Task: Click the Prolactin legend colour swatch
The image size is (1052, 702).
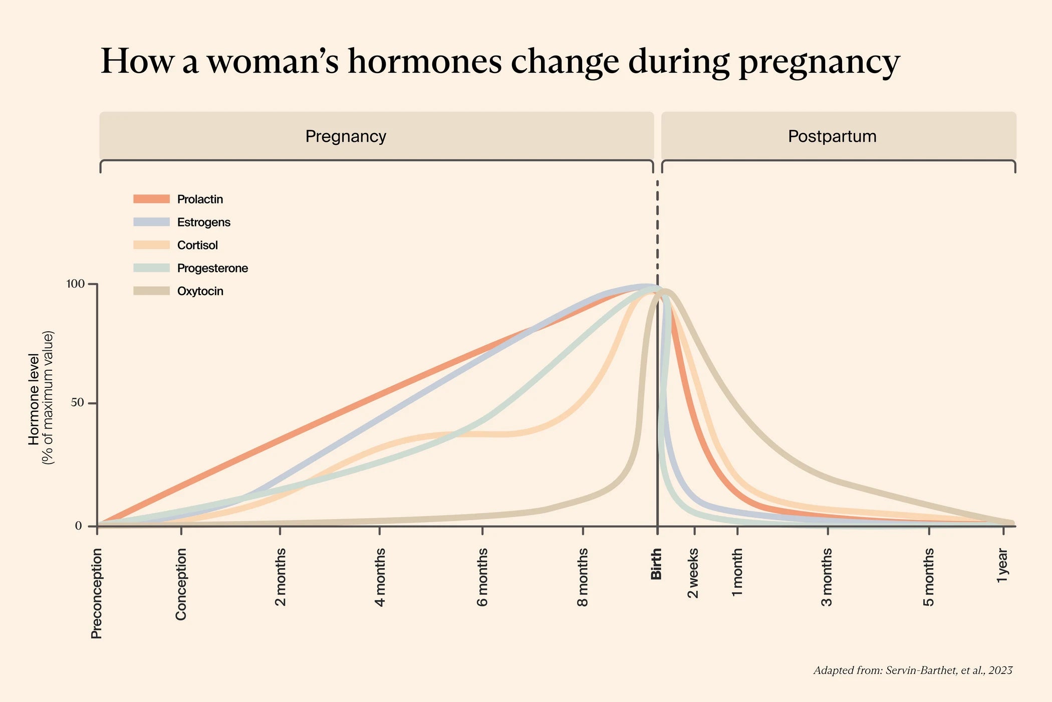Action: coord(151,199)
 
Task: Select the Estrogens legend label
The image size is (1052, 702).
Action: coord(203,222)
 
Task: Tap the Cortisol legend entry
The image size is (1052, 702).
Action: coord(197,245)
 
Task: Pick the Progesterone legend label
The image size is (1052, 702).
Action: coord(212,268)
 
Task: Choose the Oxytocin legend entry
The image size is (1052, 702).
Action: coord(200,291)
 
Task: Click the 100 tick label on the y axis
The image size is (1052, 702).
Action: coord(75,284)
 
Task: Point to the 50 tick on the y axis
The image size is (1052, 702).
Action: coord(78,403)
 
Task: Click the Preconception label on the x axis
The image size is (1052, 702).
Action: coord(96,593)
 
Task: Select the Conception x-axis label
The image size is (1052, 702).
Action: coord(181,584)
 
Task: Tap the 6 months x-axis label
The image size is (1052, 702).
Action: coord(482,577)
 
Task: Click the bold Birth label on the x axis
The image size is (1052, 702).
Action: coord(656,564)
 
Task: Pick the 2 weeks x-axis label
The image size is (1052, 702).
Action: coord(693,573)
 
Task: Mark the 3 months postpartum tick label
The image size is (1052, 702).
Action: coord(827,577)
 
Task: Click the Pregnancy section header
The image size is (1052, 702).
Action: coord(346,136)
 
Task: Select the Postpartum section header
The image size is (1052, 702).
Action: coord(832,136)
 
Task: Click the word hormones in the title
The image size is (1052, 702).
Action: coord(425,62)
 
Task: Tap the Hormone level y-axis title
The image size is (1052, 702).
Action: coord(34,399)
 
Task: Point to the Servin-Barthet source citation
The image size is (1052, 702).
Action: coord(913,670)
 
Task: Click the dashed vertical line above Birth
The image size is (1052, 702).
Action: coord(657,225)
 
